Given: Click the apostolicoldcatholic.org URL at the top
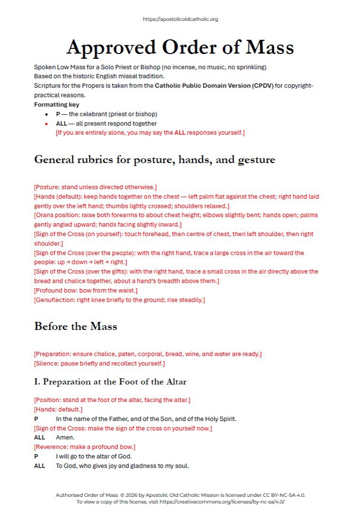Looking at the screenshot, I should [180, 19].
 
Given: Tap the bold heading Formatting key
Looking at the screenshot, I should [57, 104].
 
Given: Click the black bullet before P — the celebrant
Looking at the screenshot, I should [46, 114].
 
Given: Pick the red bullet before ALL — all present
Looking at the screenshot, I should [46, 124].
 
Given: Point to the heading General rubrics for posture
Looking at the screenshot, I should [154, 160].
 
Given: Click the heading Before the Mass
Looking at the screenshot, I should [75, 327].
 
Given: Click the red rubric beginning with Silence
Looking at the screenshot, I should [99, 364].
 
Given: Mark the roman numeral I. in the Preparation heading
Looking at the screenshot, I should [36, 382].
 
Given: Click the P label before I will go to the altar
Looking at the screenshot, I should [36, 457].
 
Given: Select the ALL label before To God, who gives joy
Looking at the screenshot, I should [39, 466].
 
